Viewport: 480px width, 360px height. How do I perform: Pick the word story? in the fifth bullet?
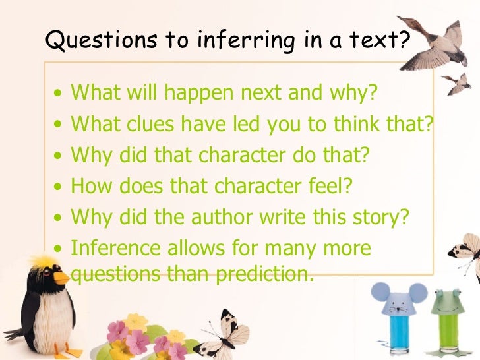point(380,217)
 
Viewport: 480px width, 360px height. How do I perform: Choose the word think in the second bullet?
point(355,123)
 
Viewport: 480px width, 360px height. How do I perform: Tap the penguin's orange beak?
point(61,277)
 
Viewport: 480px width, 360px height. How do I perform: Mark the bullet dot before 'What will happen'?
point(59,94)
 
